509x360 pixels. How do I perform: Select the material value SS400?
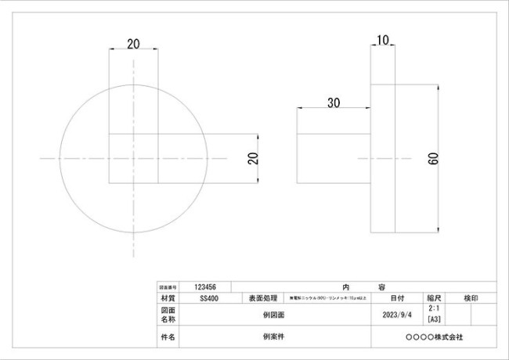(209, 298)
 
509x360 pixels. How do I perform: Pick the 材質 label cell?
(168, 298)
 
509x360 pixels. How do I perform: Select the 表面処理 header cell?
(261, 298)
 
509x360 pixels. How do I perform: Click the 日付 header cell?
(397, 298)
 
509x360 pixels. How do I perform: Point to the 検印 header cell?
(471, 298)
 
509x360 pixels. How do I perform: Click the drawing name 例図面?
(274, 315)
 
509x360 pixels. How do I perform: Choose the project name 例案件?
(274, 337)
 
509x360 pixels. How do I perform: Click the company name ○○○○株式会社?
(434, 337)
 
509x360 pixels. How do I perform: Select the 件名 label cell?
(168, 337)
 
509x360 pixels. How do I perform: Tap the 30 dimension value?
(334, 103)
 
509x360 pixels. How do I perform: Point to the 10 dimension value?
(384, 39)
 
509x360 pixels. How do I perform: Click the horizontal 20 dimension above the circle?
(133, 45)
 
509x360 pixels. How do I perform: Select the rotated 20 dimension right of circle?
(252, 158)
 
